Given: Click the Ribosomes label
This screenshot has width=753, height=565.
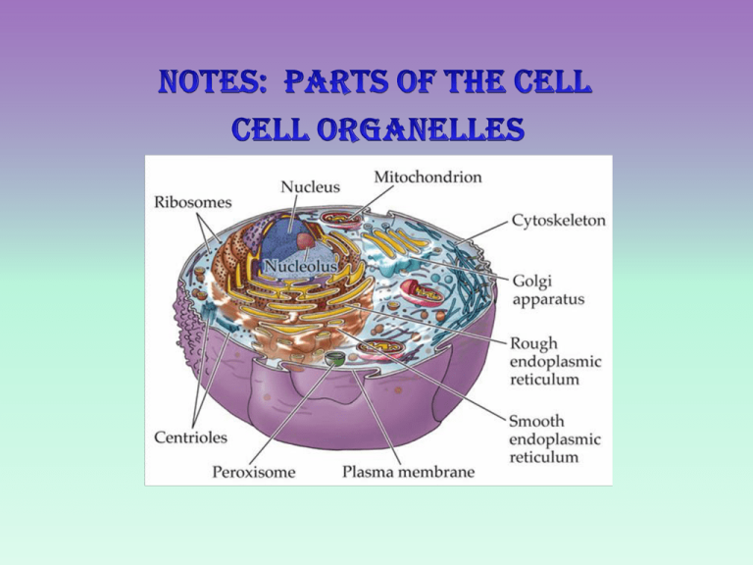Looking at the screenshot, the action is [192, 202].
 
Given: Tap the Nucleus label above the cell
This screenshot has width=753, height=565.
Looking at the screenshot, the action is [310, 187].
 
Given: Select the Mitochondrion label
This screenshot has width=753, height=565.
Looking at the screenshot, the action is [427, 177].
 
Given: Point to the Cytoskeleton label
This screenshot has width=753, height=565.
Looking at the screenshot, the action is [559, 221].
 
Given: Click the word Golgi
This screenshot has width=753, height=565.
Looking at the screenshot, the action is [532, 282].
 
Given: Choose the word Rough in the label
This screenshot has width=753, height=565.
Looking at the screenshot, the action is [533, 344].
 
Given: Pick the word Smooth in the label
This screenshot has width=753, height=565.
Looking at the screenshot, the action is [536, 422].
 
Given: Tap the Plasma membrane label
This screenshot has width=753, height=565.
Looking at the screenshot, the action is [408, 472].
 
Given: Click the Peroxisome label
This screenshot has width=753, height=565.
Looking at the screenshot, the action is [254, 472].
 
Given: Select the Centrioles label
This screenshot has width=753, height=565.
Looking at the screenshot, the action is [190, 437].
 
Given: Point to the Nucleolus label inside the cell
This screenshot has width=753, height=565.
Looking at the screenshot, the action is [301, 266].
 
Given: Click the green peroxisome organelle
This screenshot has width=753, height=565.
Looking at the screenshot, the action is [335, 358].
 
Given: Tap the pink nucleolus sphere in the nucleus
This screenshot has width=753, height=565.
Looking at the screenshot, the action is [306, 240].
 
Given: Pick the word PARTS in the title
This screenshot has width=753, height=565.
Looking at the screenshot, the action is [336, 81].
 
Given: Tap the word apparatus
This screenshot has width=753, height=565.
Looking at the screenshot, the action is [548, 300].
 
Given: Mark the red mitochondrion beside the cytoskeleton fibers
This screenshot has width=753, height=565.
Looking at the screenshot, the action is [423, 292].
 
